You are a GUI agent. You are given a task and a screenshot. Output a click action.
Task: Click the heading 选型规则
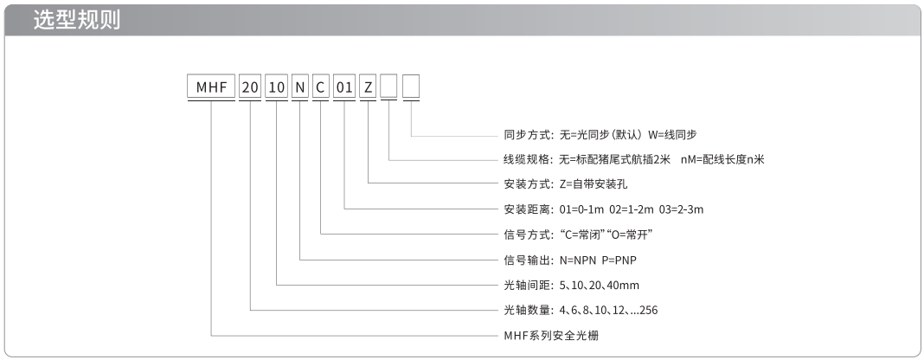(77, 20)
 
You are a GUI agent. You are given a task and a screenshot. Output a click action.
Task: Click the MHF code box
(212, 87)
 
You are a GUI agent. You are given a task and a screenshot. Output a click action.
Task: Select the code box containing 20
(250, 87)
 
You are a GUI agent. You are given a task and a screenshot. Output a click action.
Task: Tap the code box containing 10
(276, 87)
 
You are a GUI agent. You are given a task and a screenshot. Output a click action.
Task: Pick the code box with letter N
(300, 87)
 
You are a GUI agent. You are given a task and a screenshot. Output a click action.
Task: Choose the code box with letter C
(321, 87)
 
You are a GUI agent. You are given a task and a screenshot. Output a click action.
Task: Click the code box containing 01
(344, 87)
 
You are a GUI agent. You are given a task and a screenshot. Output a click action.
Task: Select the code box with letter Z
(368, 87)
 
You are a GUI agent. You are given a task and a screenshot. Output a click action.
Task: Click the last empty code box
(411, 87)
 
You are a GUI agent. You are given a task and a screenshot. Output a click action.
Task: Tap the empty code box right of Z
(389, 87)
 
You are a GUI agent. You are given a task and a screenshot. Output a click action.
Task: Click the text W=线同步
(672, 134)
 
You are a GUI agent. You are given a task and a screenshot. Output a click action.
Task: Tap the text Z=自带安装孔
(594, 183)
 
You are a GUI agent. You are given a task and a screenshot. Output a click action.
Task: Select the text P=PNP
(619, 260)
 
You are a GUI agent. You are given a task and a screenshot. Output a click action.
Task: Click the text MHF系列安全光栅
(552, 336)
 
